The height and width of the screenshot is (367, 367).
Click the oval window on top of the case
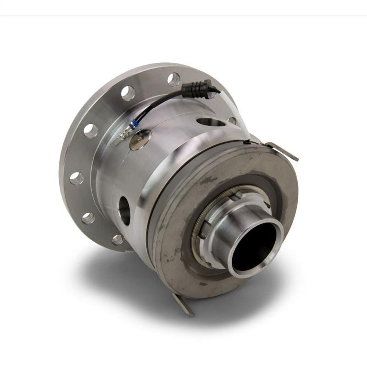(211, 122)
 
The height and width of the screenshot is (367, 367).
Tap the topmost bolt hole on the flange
(174, 79)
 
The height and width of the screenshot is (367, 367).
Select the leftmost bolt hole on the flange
(77, 178)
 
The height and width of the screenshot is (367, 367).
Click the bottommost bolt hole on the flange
(118, 239)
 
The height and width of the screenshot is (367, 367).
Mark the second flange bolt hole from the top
(128, 93)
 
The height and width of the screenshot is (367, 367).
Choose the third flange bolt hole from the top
(91, 131)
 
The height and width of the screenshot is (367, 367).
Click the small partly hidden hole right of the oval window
(233, 121)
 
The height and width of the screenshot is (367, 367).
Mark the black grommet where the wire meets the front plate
(247, 142)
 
